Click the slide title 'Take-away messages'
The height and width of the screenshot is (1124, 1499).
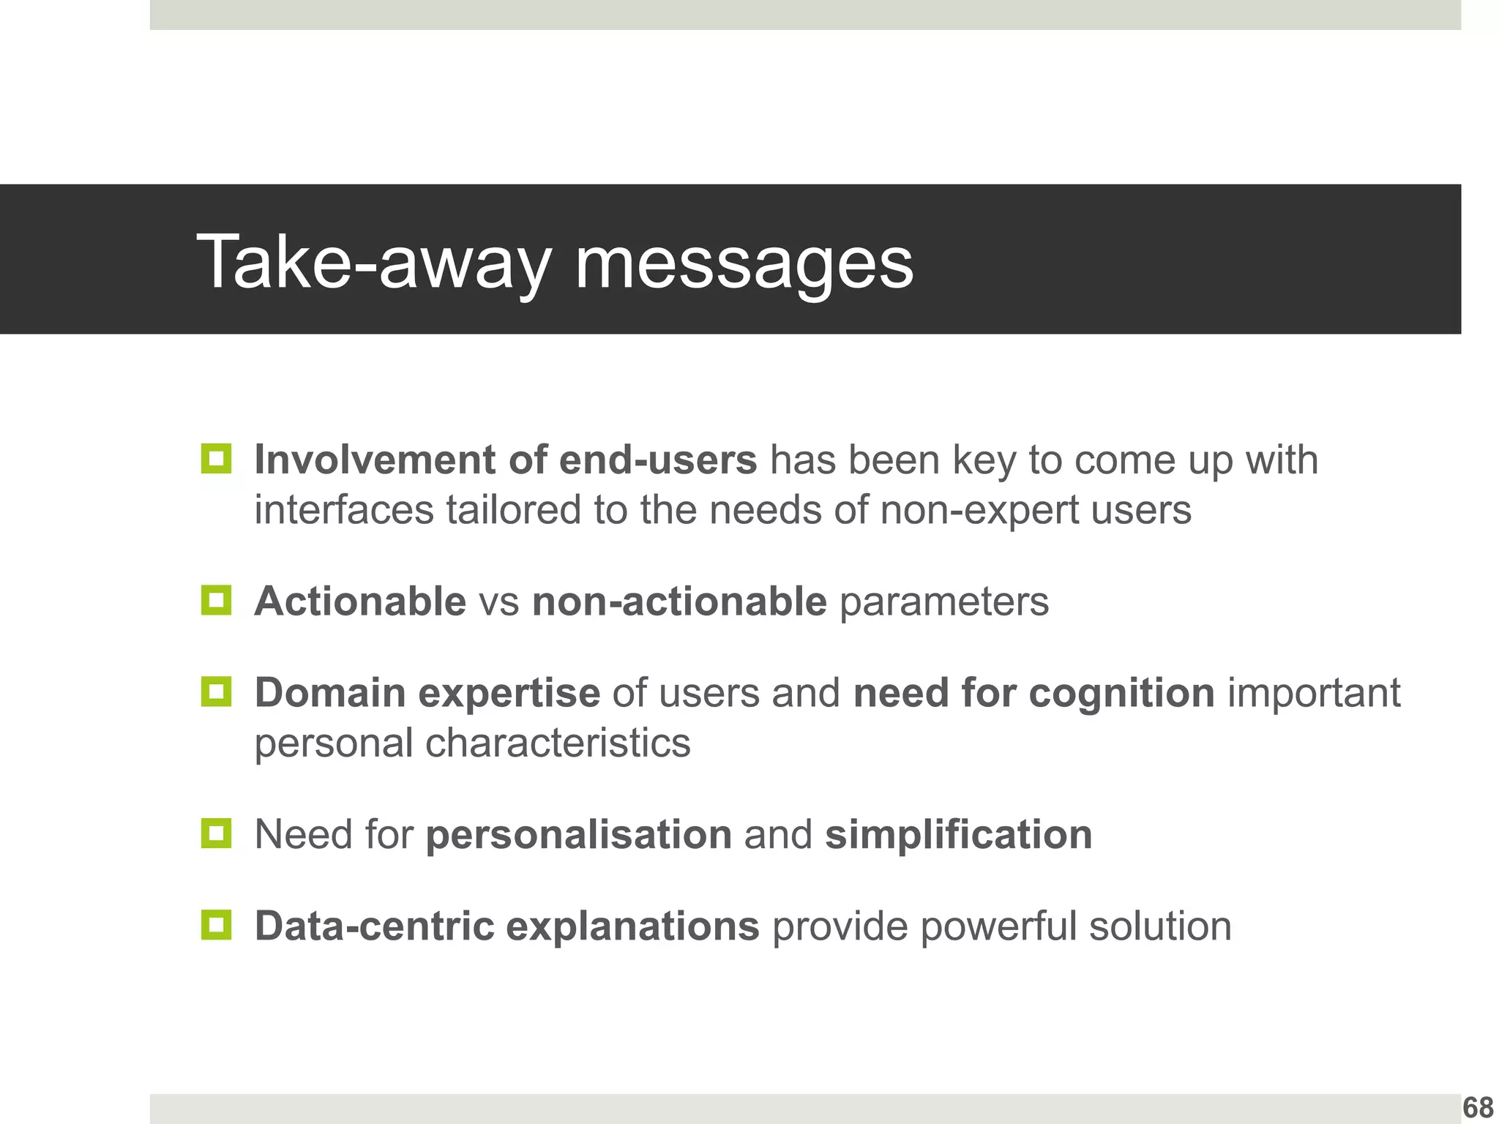tap(555, 262)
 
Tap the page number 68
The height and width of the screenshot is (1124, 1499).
tap(1478, 1107)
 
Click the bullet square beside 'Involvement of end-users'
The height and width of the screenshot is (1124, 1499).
tap(216, 459)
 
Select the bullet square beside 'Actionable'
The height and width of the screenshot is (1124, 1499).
tap(216, 600)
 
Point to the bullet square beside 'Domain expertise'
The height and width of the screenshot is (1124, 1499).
tap(216, 692)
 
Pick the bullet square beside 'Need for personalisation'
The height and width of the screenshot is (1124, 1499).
tap(216, 833)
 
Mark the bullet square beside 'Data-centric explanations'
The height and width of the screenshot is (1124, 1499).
tap(216, 925)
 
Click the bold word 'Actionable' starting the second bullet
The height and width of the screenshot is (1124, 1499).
tap(360, 602)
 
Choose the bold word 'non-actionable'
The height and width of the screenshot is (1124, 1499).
tap(679, 602)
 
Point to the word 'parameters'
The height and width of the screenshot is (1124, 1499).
tap(944, 603)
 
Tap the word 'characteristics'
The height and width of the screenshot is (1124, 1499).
tap(558, 743)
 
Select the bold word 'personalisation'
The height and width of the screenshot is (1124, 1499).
tap(579, 835)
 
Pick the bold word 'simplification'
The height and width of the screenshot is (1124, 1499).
tap(958, 834)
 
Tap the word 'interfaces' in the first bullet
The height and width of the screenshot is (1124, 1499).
tap(344, 510)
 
